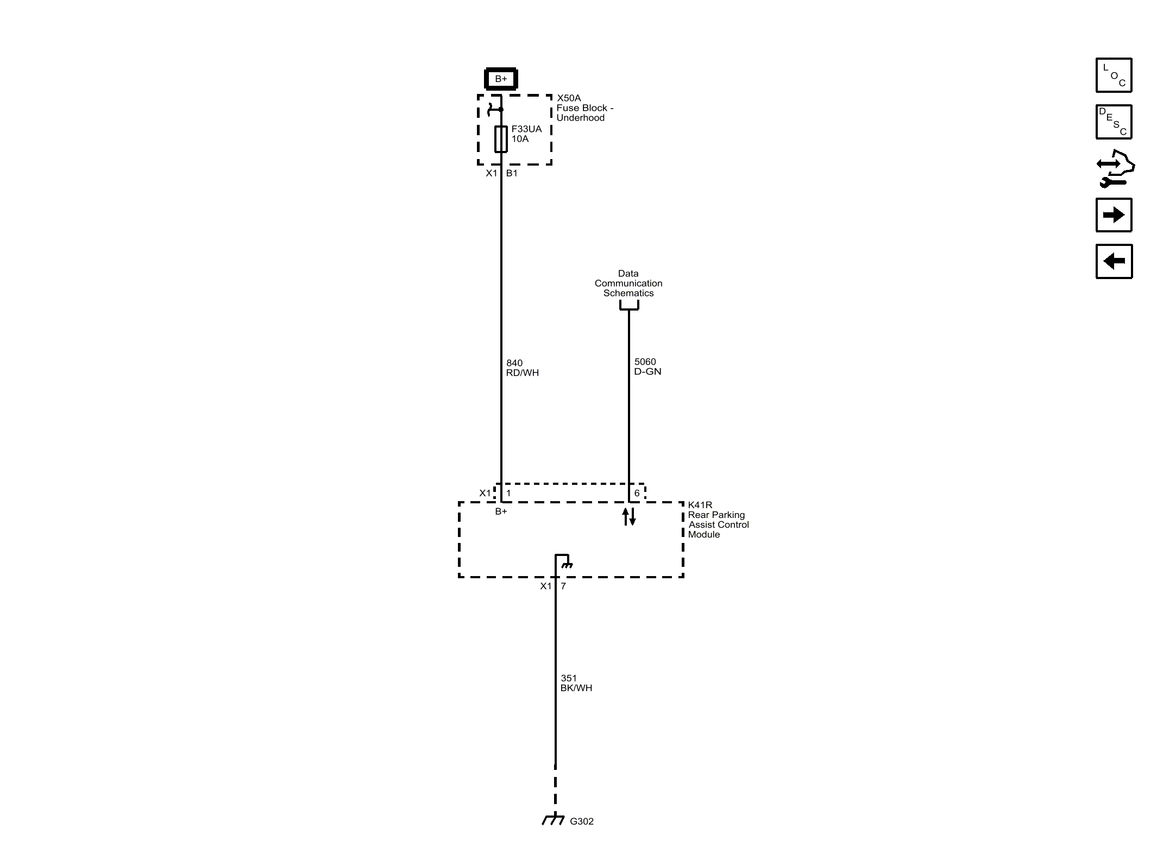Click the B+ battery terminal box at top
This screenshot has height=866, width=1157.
[500, 79]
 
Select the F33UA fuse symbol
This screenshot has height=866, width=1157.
[501, 139]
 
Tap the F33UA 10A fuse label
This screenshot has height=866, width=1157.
[526, 134]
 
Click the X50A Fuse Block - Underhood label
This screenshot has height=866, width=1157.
[584, 108]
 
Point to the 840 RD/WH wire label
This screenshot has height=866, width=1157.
[522, 368]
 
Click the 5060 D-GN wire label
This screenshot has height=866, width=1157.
[647, 366]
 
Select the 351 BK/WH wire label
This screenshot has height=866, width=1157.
[576, 683]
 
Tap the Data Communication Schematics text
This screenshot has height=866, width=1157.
[628, 283]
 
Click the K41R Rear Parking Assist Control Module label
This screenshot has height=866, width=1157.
[718, 520]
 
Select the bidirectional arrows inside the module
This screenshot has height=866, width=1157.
[628, 516]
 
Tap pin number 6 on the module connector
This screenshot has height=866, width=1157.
[637, 494]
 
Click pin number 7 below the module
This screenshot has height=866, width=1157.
[563, 586]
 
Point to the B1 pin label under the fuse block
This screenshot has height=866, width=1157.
[512, 173]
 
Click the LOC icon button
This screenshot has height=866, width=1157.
[1114, 75]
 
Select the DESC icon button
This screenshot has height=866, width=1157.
[1114, 122]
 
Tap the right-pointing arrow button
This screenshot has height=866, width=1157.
[1114, 215]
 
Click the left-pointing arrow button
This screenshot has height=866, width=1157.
[1114, 262]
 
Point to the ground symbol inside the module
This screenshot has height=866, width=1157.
[567, 565]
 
